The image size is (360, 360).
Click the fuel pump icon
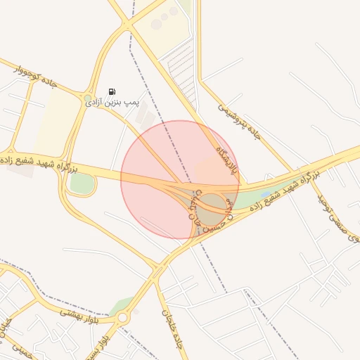pyautogui.click(x=112, y=91)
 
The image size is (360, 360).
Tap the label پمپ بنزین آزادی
pyautogui.click(x=114, y=103)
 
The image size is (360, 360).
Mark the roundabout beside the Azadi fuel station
pyautogui.click(x=88, y=98)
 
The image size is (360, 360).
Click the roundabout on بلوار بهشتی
pyautogui.click(x=123, y=318)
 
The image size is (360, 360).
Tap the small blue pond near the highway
pyautogui.click(x=265, y=194)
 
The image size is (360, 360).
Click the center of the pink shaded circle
pyautogui.click(x=180, y=180)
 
